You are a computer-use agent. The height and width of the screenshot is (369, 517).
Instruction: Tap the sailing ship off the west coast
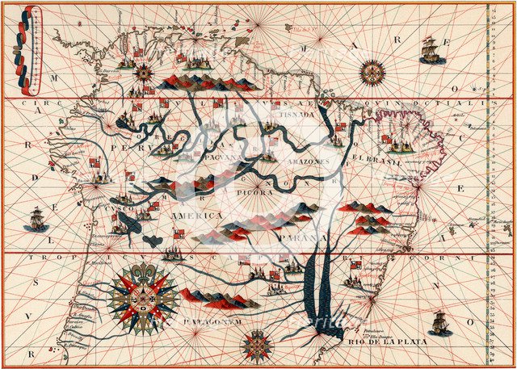(36, 218)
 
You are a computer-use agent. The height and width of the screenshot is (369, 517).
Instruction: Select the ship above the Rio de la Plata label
(440, 323)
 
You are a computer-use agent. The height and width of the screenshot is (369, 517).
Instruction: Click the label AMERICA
(191, 216)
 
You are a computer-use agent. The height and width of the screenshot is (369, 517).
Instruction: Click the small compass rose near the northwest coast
(144, 73)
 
